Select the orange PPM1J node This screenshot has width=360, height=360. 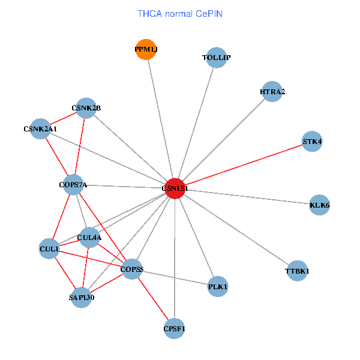click(x=146, y=50)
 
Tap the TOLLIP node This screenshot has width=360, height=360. click(x=216, y=58)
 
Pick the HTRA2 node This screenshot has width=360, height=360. click(x=272, y=92)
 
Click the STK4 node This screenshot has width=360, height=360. click(x=312, y=142)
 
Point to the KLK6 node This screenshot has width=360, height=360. click(x=319, y=205)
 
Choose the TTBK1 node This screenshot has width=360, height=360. click(x=297, y=271)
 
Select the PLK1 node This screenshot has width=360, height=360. click(x=218, y=287)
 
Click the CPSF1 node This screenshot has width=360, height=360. click(x=174, y=328)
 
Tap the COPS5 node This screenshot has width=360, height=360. click(x=131, y=269)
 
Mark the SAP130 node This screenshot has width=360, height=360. click(x=81, y=297)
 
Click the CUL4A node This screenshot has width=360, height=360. click(x=89, y=237)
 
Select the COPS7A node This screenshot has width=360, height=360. click(x=73, y=185)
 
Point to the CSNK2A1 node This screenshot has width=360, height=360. click(x=40, y=129)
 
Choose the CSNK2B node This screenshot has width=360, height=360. click(x=86, y=108)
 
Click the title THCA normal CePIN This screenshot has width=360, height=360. click(x=180, y=13)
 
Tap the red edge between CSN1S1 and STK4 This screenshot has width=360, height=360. click(x=243, y=165)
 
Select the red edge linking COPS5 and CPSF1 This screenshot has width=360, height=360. click(x=152, y=299)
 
